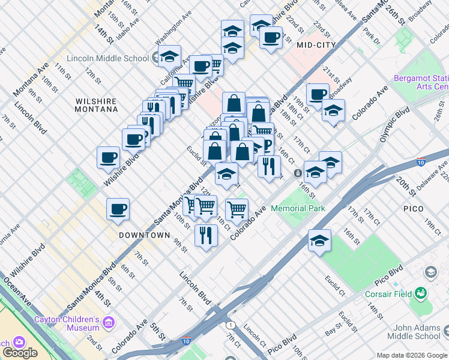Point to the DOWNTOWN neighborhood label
[144, 235]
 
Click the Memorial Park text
[298, 208]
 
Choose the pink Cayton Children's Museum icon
[109, 324]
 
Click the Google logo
[20, 353]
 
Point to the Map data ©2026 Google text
[411, 355]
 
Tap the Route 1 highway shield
[230, 325]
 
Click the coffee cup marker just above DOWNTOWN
[118, 209]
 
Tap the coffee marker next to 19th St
[317, 94]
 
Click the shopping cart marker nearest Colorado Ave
[237, 209]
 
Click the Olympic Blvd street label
[394, 124]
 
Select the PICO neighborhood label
[414, 209]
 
